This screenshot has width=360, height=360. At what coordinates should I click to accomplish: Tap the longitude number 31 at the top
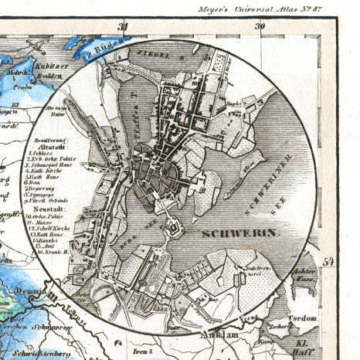pyautogui.click(x=122, y=26)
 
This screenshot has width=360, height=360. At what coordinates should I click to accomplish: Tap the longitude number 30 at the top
pyautogui.click(x=258, y=26)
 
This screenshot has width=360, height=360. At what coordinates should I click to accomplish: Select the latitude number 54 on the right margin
pyautogui.click(x=328, y=261)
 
